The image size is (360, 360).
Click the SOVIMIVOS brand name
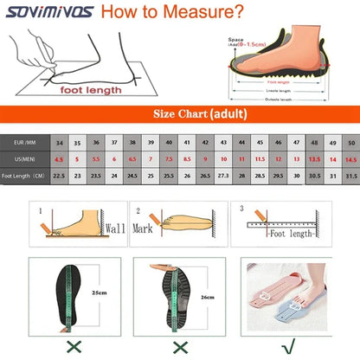(48, 12)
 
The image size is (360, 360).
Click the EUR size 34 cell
(59, 141)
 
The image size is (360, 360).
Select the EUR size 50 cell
(350, 141)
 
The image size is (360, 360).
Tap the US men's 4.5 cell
(59, 159)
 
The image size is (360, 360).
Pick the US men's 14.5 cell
(350, 159)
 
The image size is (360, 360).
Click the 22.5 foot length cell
(59, 177)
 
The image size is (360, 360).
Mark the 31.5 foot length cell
(350, 177)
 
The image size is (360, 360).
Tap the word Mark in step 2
(144, 228)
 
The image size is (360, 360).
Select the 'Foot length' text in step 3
(290, 233)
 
